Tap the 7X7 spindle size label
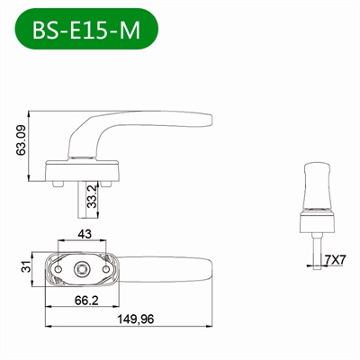(x=335, y=260)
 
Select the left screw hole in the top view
(x=60, y=267)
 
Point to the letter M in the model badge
(x=130, y=30)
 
